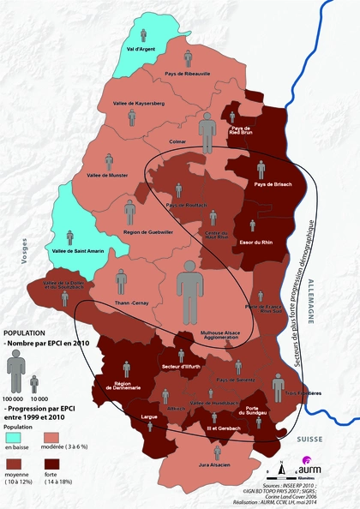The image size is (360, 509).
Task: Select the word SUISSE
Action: coord(309,438)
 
